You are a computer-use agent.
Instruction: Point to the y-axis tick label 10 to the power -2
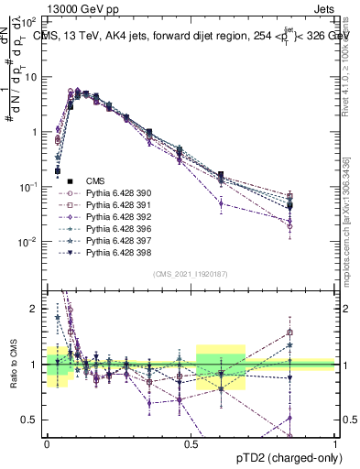31,242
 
